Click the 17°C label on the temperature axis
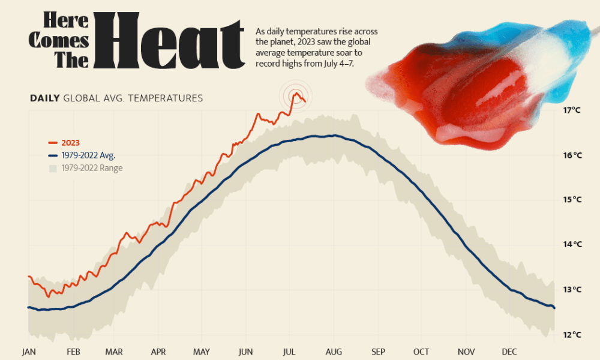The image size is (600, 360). click(x=572, y=110)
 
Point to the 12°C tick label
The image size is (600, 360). click(x=572, y=334)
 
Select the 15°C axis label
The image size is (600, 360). click(x=572, y=199)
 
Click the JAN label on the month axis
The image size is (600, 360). click(x=29, y=352)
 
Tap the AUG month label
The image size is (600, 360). click(x=334, y=352)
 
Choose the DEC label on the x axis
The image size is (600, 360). click(x=509, y=352)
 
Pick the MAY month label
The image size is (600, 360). click(x=202, y=352)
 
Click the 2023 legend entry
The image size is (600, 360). click(x=70, y=143)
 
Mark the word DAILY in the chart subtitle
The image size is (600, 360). click(x=45, y=98)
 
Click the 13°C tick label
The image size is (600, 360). click(x=572, y=289)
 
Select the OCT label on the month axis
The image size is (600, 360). click(x=421, y=352)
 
